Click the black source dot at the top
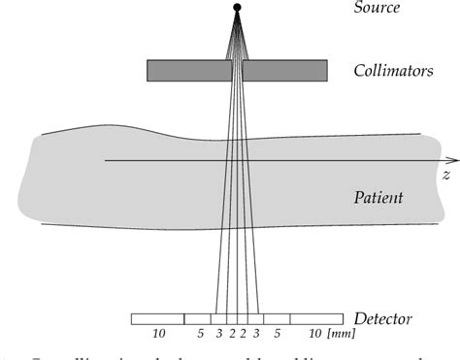237,8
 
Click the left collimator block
188,71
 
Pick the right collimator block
283,71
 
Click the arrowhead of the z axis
454,160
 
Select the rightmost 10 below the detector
315,335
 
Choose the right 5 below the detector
276,335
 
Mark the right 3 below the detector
256,335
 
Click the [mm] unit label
341,335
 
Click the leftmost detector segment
157,318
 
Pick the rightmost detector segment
316,318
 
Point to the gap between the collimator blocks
237,71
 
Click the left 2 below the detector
230,335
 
